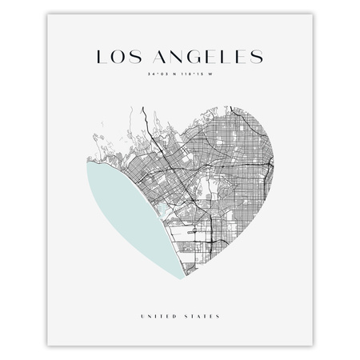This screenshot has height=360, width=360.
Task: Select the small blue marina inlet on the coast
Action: (x=163, y=210)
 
